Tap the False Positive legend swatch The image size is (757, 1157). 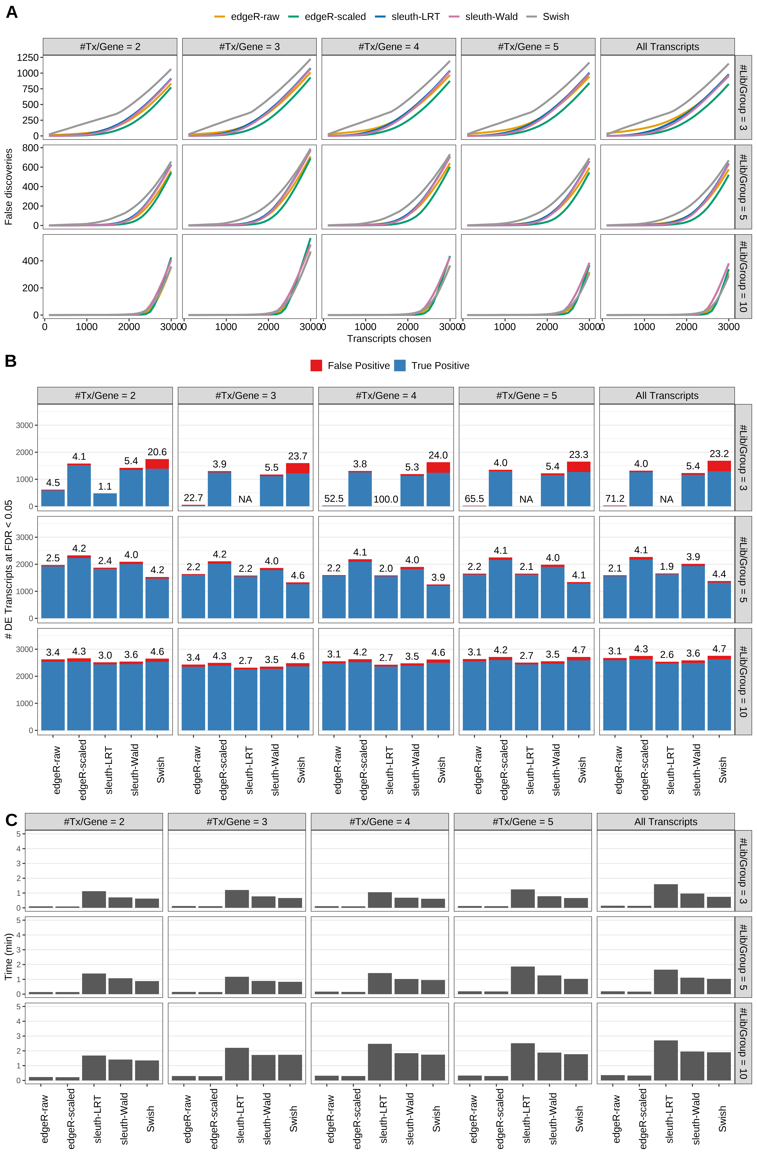pos(316,366)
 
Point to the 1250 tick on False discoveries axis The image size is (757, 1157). pos(27,57)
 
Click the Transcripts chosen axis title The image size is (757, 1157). pos(389,339)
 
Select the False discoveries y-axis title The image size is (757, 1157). pos(8,187)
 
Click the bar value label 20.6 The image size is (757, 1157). pos(157,452)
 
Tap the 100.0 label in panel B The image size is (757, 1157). pos(386,499)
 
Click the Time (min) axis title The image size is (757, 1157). pos(8,956)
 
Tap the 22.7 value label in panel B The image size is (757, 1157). pos(193,498)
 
